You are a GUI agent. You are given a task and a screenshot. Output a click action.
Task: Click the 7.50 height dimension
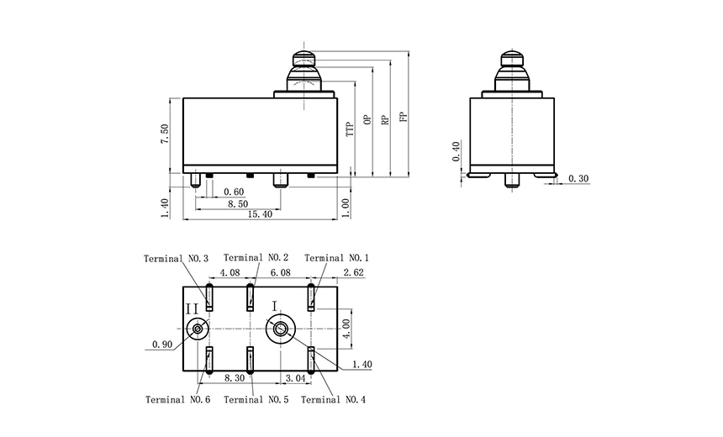click(166, 134)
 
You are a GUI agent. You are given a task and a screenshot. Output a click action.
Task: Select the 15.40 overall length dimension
click(258, 215)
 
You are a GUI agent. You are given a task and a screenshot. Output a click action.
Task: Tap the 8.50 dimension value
click(236, 203)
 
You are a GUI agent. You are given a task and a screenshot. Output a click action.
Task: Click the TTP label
click(349, 129)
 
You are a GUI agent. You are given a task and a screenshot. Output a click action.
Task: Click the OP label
click(367, 120)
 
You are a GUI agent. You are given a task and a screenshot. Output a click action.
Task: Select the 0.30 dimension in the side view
click(578, 178)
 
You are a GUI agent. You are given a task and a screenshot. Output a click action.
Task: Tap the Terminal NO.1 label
click(336, 258)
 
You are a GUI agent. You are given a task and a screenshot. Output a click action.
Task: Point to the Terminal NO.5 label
click(256, 400)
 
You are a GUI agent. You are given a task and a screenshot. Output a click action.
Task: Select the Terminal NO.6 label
click(177, 400)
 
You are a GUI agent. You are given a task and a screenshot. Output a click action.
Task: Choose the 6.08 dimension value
click(279, 273)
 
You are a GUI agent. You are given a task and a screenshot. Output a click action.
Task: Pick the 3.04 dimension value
click(296, 378)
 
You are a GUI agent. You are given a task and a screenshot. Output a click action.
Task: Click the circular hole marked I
click(279, 329)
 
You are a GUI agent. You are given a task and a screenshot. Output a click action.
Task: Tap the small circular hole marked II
click(198, 329)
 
